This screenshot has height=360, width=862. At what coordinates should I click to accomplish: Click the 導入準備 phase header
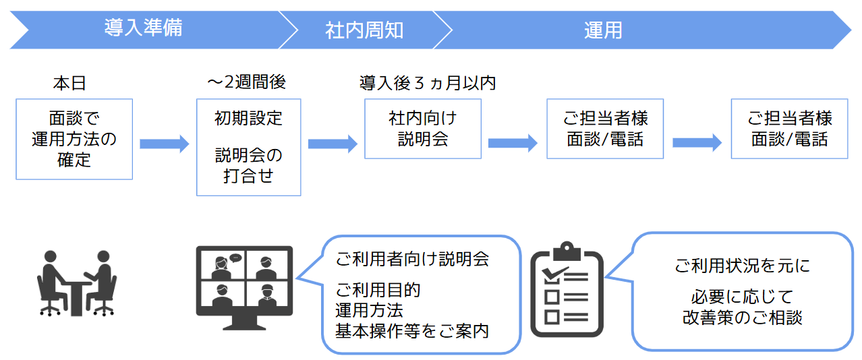pos(143,29)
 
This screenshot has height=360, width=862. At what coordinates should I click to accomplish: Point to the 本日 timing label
pos(69,84)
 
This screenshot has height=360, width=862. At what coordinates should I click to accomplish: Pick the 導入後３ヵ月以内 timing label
pos(428,83)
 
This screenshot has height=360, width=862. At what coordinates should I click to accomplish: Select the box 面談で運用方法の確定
pos(74,139)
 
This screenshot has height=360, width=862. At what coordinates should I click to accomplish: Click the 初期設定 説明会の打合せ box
pos(249,147)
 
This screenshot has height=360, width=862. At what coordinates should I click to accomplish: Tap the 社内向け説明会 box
pos(423,129)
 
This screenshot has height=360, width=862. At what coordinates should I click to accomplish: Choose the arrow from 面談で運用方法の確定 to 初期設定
pos(164,144)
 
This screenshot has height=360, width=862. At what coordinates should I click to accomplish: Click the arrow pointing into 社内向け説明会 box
pos(333,144)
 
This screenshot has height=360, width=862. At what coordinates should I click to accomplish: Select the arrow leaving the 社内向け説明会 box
pos(513,143)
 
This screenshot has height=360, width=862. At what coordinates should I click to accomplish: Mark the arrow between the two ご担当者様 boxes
pos(697,143)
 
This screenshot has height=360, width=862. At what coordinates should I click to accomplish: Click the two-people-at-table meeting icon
pos(75,282)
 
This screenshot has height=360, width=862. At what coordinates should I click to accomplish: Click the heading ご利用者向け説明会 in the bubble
pos(412,259)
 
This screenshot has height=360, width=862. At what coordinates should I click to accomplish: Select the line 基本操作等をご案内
pos(412,331)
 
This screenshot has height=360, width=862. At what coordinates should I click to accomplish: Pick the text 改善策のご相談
pos(742,318)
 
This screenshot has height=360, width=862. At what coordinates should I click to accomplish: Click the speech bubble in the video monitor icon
pos(235,258)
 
